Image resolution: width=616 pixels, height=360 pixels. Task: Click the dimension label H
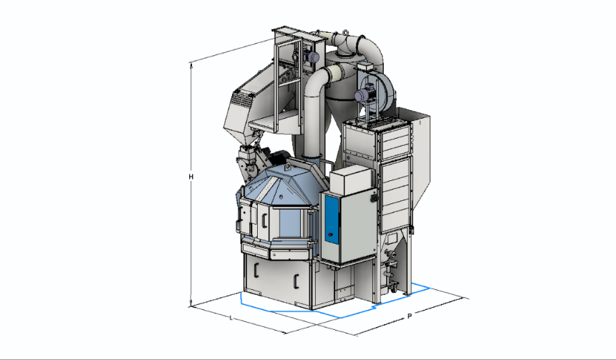(x=191, y=177)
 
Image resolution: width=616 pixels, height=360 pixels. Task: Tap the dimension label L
(x=231, y=317)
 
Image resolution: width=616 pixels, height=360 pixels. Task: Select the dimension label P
(x=410, y=316)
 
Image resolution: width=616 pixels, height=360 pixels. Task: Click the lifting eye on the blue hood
(x=288, y=167)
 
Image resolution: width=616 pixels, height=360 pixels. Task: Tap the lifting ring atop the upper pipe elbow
(x=345, y=33)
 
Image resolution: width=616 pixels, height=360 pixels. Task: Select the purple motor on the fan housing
(x=360, y=95)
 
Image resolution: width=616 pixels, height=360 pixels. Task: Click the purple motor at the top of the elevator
(x=313, y=57)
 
